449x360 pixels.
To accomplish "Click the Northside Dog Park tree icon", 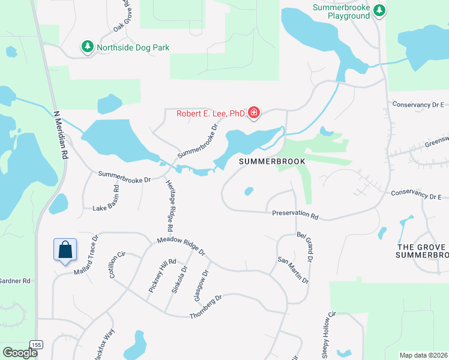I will (88, 47).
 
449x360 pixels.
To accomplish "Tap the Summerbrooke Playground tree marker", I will (379, 10).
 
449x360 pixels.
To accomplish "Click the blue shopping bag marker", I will (65, 250).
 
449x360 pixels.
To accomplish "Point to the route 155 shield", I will (37, 344).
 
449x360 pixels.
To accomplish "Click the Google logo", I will (20, 353).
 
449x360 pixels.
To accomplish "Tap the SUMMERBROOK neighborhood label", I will (273, 161).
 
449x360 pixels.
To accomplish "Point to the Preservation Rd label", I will (295, 214).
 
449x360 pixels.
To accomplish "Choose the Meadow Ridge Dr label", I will (181, 244).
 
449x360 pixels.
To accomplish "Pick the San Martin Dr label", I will (292, 271).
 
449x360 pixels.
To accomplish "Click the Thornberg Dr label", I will (206, 307).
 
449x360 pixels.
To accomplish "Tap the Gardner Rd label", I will (14, 281).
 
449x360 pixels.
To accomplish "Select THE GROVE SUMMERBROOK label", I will (422, 251).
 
